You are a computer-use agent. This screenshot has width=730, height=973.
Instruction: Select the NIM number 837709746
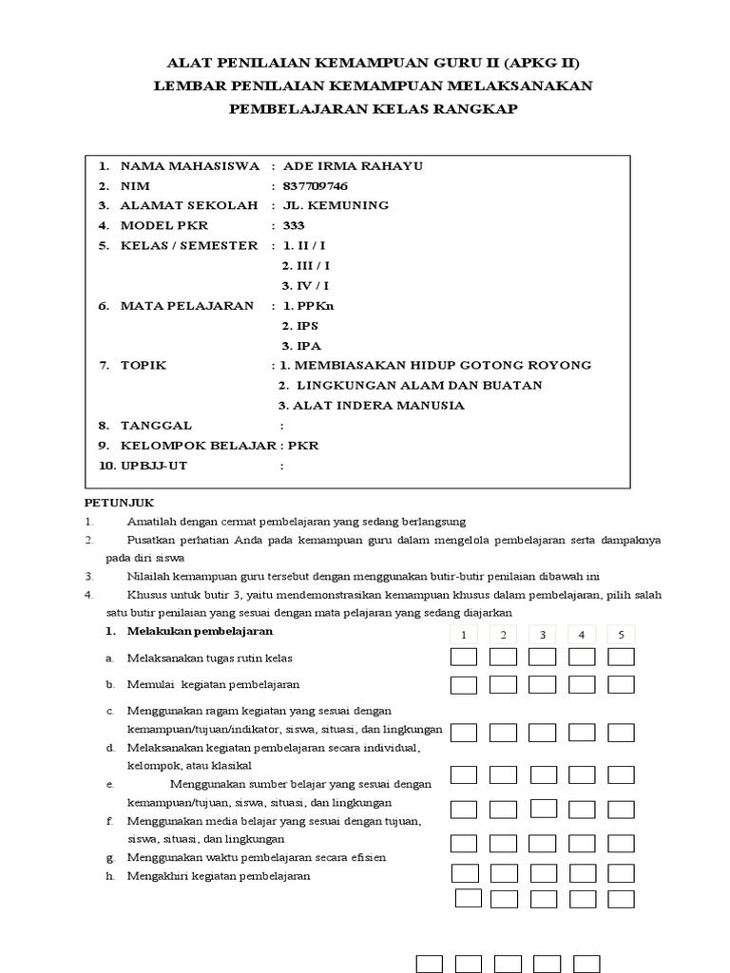[x=309, y=185]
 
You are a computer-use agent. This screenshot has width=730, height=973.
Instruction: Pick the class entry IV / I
[x=305, y=285]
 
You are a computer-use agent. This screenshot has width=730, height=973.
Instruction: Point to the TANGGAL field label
[x=156, y=425]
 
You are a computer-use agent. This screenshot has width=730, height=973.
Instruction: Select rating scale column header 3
[x=542, y=635]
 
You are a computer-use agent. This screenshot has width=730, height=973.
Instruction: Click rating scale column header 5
[x=621, y=635]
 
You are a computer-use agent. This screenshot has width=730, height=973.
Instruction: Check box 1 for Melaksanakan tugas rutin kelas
[x=464, y=657]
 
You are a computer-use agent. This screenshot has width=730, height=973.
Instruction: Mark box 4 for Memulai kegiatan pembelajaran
[x=582, y=684]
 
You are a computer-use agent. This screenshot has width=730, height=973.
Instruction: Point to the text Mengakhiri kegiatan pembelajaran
[x=220, y=876]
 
